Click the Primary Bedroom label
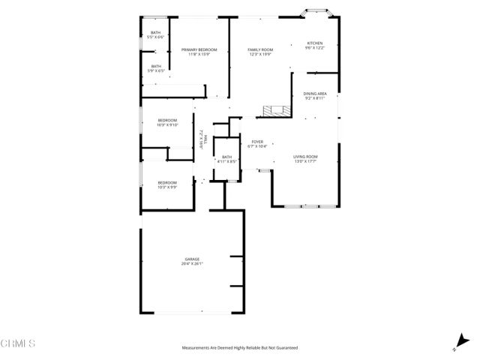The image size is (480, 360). point(193,49)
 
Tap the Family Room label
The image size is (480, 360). point(259,49)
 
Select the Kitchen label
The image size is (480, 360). point(315,43)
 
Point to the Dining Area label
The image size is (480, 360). point(315,94)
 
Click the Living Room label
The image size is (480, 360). point(305,157)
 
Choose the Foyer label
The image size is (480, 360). point(257,141)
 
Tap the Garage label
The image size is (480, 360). point(192,259)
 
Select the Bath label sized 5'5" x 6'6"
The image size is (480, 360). point(156,32)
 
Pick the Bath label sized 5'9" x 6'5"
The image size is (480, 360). point(156,67)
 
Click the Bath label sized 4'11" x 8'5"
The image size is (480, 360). point(226,157)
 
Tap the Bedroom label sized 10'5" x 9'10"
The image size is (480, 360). point(167,121)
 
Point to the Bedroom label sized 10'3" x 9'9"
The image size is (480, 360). point(167,182)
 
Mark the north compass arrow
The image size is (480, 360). point(457,342)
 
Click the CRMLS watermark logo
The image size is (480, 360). point(18,343)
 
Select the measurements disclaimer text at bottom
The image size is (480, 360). point(240,348)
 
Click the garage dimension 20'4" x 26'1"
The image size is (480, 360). point(192,264)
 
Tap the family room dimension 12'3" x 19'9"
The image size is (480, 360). point(259,54)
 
